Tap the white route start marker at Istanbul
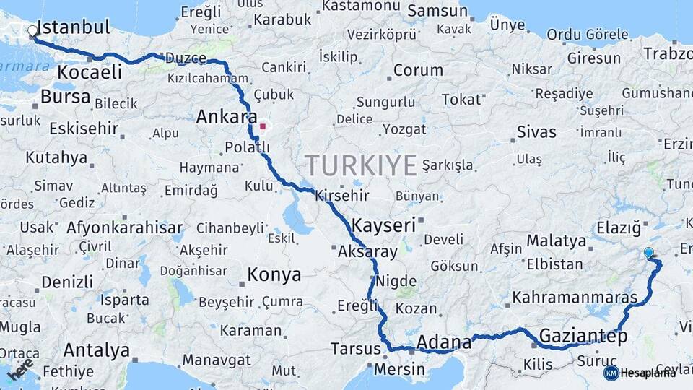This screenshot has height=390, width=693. tap(32, 32)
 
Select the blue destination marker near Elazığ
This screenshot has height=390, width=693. tap(648, 252)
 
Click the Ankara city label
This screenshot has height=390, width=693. tap(227, 116)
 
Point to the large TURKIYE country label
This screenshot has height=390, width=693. tap(361, 165)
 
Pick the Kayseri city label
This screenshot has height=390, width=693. tap(384, 225)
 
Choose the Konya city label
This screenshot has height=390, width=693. tap(274, 274)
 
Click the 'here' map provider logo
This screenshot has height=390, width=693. tap(20, 369)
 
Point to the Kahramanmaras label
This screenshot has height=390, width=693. tap(575, 298)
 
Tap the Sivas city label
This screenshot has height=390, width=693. tap(536, 131)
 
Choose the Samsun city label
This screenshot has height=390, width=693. tap(437, 11)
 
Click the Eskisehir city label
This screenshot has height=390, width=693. tap(83, 129)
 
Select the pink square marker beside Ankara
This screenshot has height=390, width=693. tap(263, 126)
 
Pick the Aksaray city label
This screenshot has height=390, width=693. tap(367, 252)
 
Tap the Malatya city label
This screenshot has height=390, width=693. tap(556, 240)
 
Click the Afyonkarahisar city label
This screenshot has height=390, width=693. tap(124, 227)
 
